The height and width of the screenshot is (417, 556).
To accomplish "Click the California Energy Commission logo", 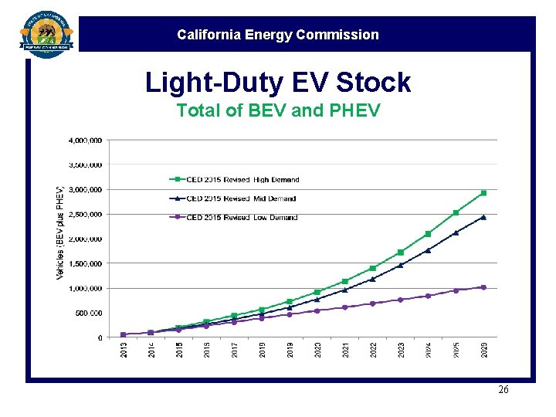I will [x=46, y=35].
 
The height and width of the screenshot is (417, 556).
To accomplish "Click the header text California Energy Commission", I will [x=278, y=35].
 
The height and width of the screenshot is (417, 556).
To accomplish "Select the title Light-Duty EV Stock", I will [x=278, y=82].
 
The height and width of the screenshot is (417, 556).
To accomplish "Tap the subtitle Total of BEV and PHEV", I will [x=278, y=110].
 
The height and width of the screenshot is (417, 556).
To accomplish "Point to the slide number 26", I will [x=503, y=390].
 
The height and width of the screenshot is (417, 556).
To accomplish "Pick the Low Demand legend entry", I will [x=233, y=218].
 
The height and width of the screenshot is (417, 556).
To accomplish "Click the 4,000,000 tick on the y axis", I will [x=85, y=141].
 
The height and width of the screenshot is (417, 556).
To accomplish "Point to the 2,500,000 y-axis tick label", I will [x=85, y=215].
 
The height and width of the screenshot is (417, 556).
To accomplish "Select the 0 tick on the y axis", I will [x=99, y=338].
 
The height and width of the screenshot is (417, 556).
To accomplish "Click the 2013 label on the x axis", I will [x=124, y=350].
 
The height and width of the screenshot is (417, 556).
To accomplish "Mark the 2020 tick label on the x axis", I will [x=317, y=350].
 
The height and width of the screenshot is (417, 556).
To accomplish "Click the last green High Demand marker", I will [x=483, y=193].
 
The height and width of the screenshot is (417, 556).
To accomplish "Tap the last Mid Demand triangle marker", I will [x=483, y=217].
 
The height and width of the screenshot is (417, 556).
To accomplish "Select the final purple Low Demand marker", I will [x=483, y=287].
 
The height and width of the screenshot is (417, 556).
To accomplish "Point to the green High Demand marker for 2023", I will [x=400, y=253].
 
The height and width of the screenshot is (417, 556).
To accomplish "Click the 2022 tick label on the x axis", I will [x=373, y=350].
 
